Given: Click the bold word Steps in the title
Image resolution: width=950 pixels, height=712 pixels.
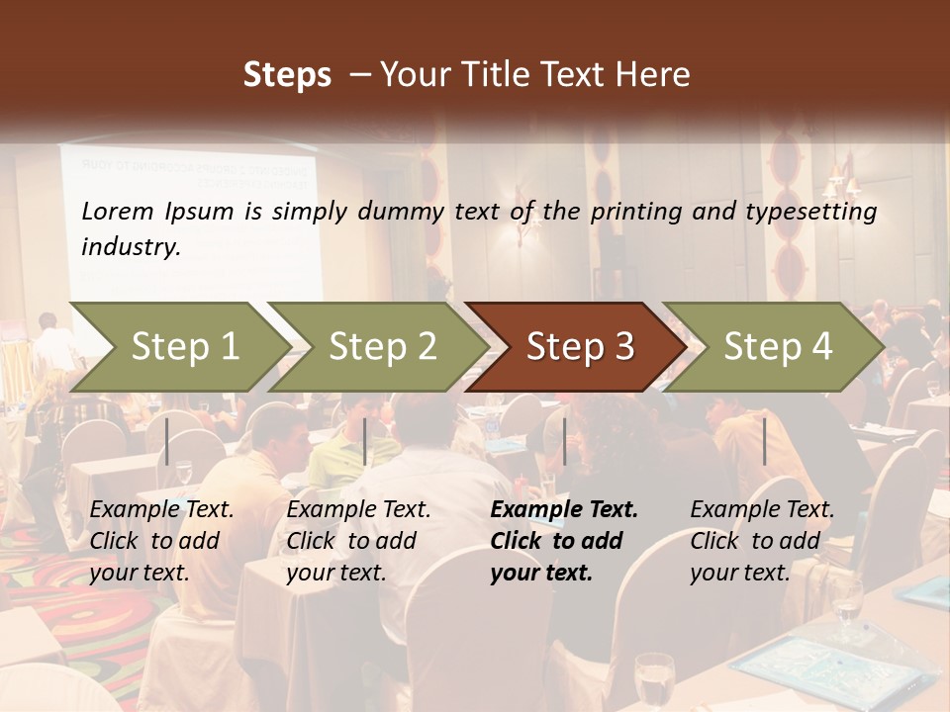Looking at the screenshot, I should point(287,75).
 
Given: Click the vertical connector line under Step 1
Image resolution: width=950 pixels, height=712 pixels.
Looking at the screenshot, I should point(167,441).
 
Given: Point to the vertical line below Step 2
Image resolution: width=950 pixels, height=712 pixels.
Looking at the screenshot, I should point(365,441).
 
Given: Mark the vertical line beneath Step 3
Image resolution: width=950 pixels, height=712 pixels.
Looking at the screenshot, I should point(564,441).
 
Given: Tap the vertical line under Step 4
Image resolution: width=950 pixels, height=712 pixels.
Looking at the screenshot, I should point(764,441).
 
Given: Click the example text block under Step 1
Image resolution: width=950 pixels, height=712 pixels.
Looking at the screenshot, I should point(161,541).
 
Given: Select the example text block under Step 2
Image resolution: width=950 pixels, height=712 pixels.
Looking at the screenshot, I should point(358,541).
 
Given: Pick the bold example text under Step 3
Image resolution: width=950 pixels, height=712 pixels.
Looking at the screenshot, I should point(564,541).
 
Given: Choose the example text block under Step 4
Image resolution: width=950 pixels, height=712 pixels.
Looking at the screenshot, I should point(762,541).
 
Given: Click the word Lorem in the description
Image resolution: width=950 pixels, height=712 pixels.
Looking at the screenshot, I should point(118,212).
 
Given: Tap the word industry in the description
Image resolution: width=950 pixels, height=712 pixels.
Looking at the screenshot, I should point(131,247).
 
